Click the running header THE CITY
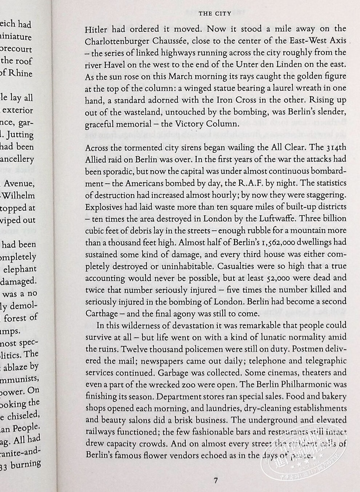tap(215, 14)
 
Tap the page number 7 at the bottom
tap(216, 480)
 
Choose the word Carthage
tap(102, 313)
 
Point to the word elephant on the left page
tap(20, 269)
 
